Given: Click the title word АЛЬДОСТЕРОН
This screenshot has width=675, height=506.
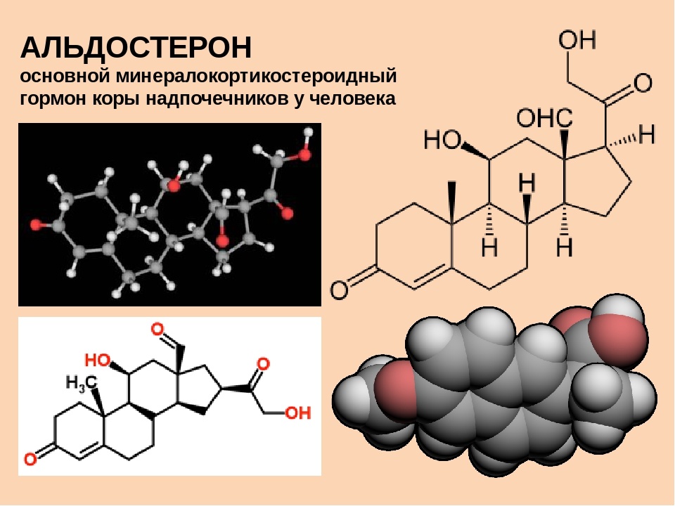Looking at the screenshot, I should (x=136, y=48).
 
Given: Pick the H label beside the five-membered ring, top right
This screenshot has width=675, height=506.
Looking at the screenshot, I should (x=645, y=134).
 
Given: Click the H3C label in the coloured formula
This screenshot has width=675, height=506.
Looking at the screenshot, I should (x=82, y=383).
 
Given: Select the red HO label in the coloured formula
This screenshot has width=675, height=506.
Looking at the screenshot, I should (x=98, y=361).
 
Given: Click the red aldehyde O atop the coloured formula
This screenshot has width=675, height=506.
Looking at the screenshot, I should (x=158, y=329).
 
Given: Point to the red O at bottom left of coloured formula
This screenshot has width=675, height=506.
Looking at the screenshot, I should (x=30, y=460).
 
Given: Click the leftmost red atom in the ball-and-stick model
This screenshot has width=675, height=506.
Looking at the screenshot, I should (x=36, y=225).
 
